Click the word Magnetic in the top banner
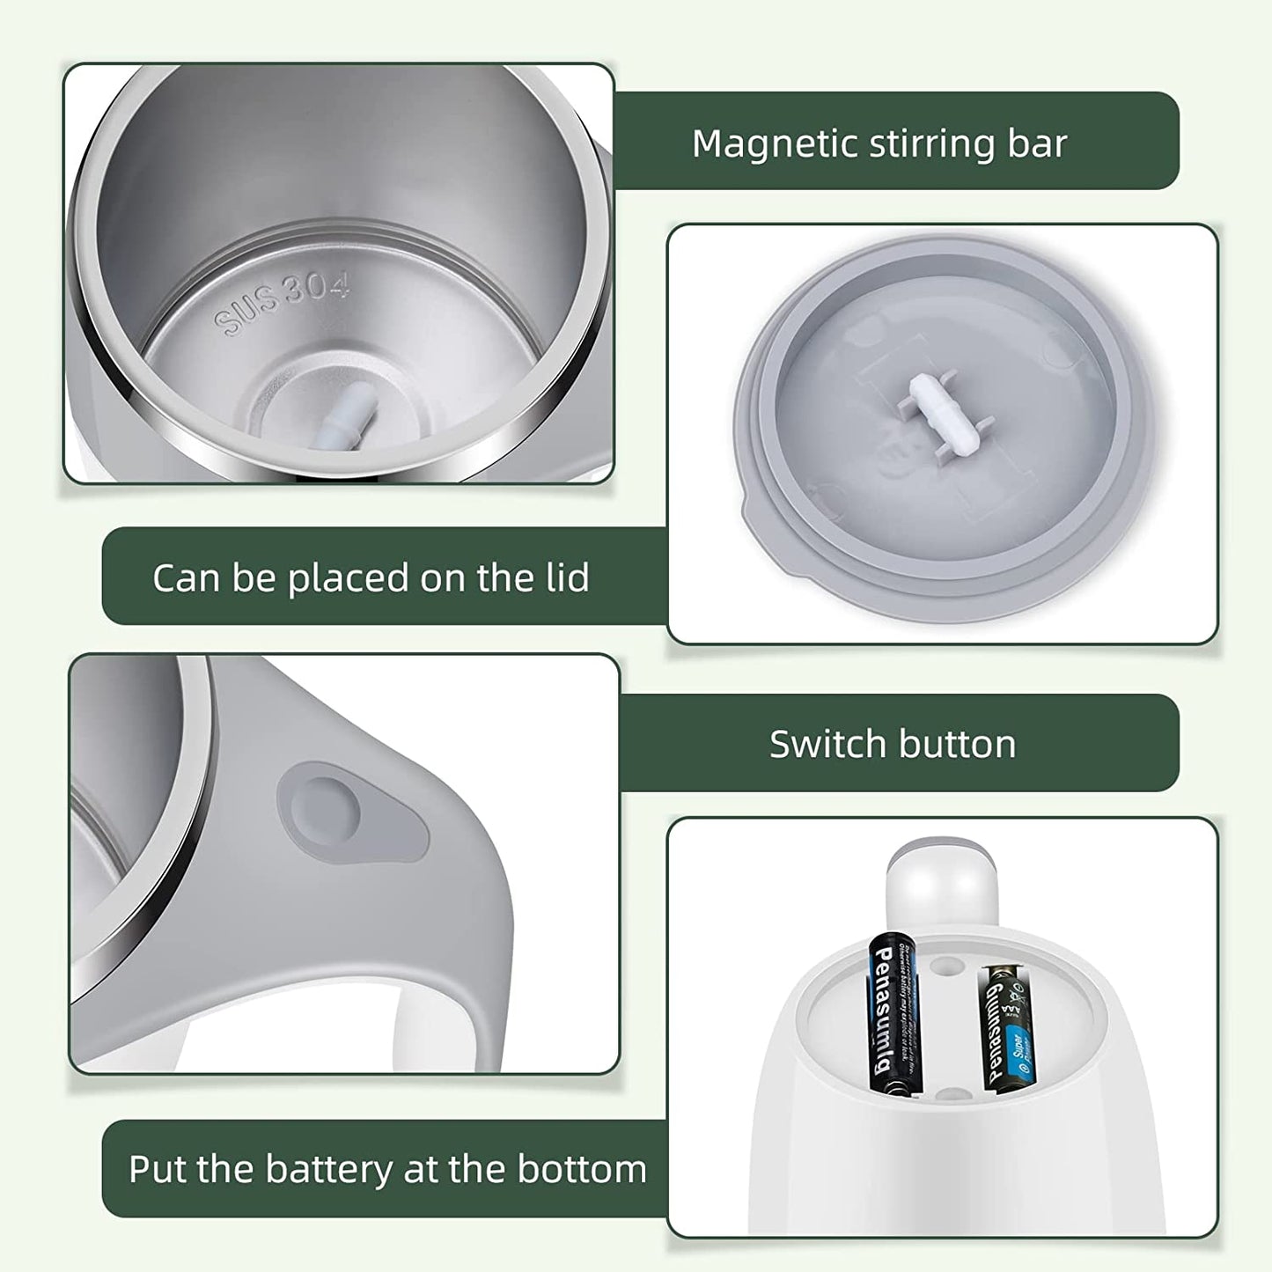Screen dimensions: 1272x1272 775,143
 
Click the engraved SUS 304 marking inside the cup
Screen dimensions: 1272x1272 283,302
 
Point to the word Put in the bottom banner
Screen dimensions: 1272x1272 158,1169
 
